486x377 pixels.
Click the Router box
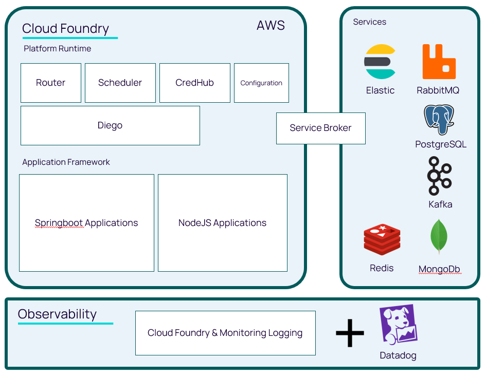pos(51,83)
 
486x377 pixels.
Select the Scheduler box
pos(120,83)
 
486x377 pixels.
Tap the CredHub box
pos(194,83)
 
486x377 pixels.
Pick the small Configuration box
pos(261,83)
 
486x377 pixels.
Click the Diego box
pos(110,125)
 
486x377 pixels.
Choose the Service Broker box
pos(320,128)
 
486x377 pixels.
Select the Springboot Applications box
pos(86,222)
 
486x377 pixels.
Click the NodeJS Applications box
pos(222,222)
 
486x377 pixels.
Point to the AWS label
pos(271,26)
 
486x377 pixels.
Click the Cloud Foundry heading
pos(66,28)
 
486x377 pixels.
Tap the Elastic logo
pos(380,62)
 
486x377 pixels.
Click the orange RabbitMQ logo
pos(439,62)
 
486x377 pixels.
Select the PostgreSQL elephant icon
pos(439,119)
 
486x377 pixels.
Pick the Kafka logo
pos(440,176)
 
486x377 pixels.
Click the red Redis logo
pos(382,239)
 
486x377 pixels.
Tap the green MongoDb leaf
pos(439,236)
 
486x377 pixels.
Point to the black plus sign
pos(350,333)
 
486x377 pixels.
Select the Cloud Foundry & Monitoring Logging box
pos(225,333)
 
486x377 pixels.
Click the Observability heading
pos(57,314)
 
